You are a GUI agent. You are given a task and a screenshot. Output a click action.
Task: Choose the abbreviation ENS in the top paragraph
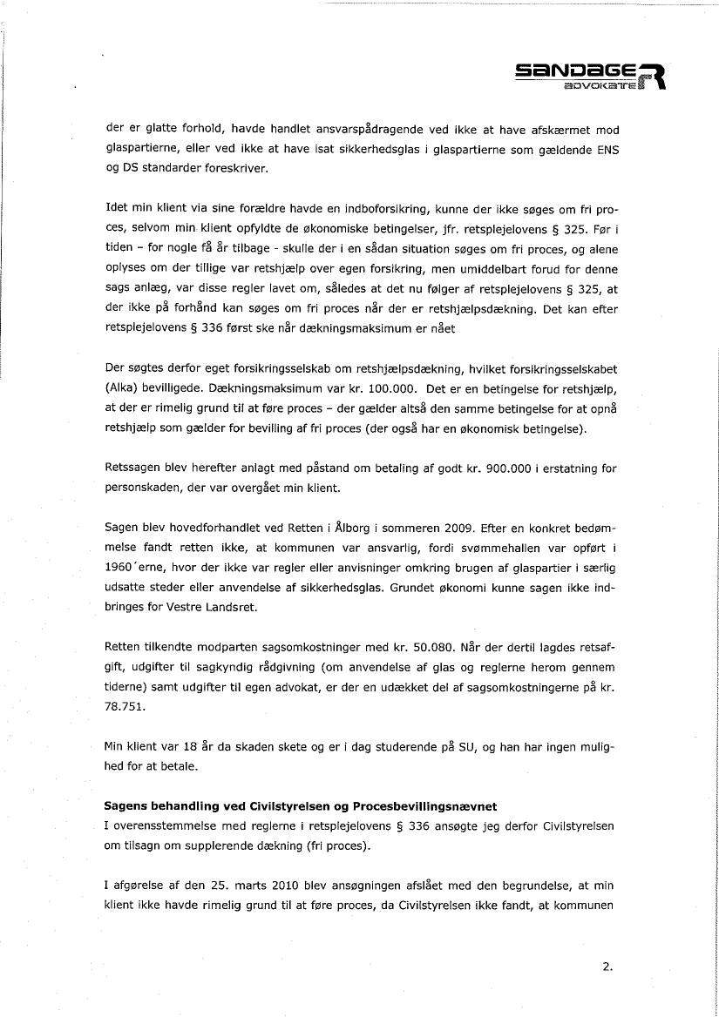coord(605,149)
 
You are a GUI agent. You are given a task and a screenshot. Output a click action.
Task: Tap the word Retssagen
coord(132,469)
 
